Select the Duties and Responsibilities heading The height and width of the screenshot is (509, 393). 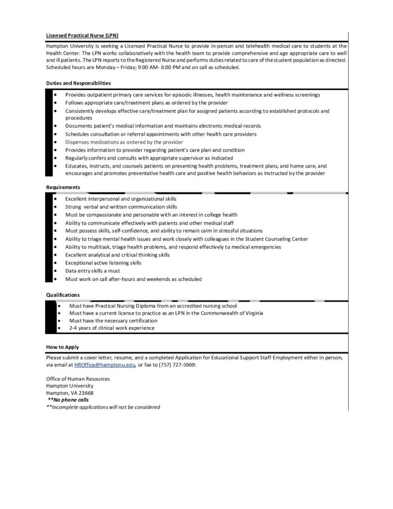(x=78, y=83)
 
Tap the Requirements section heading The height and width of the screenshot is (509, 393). (x=63, y=187)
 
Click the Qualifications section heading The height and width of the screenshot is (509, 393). (x=62, y=295)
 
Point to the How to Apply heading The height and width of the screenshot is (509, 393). (x=62, y=347)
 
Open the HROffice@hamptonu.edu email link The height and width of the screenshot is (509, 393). (x=104, y=365)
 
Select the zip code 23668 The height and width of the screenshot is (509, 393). (x=85, y=393)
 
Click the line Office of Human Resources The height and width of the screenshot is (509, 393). (x=78, y=379)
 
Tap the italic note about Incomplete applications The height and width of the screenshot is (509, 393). (x=103, y=407)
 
